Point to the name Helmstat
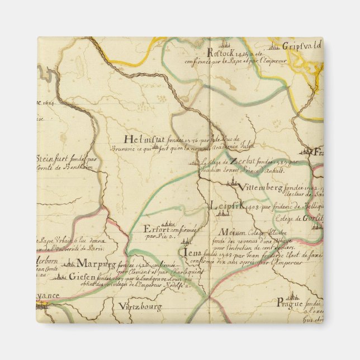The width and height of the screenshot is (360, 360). pyautogui.click(x=145, y=140)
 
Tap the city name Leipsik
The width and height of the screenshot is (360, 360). pyautogui.click(x=227, y=207)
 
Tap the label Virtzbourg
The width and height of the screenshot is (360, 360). pyautogui.click(x=140, y=306)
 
